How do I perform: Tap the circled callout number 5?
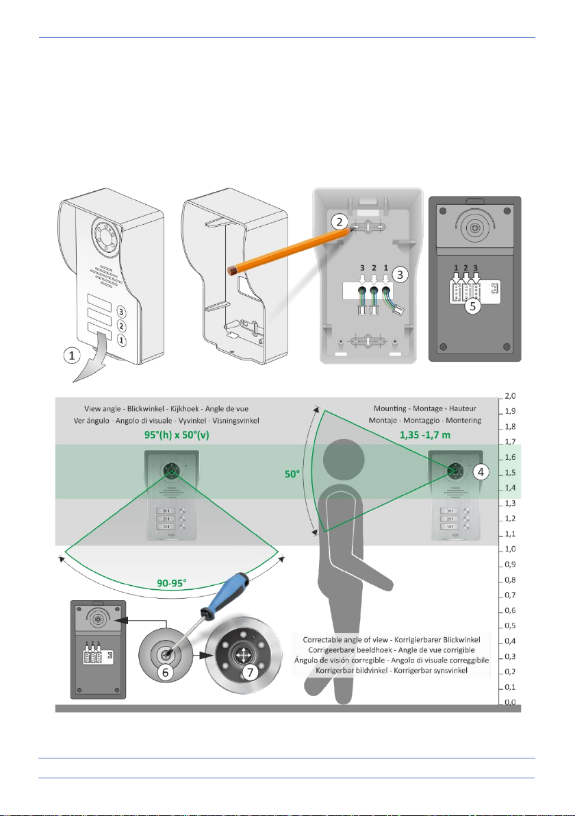[x=471, y=308]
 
